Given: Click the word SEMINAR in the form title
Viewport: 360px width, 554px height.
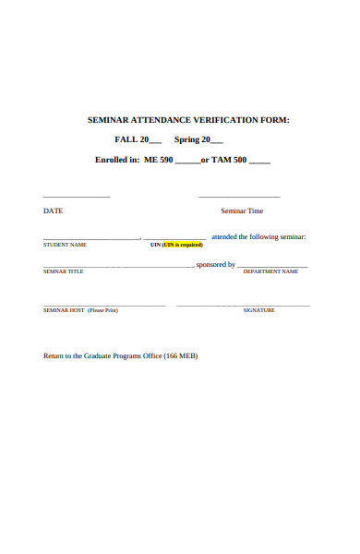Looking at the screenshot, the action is point(111,119).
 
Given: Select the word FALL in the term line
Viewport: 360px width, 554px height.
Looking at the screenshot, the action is point(126,139).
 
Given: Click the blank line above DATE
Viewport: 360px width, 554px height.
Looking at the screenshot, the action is point(77,197).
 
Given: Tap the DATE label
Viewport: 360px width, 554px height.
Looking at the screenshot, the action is point(54,211).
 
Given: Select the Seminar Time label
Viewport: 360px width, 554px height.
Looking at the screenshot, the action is point(242,211).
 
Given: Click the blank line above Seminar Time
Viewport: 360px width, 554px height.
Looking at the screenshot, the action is point(239,197).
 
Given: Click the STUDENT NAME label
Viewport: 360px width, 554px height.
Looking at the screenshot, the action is point(65,245).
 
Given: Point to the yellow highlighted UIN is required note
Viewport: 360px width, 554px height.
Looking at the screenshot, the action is point(182,245).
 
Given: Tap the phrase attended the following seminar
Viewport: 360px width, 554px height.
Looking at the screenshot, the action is point(258,236).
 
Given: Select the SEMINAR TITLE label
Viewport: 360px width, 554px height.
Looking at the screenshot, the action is point(64,271).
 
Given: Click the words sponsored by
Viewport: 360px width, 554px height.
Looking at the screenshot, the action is point(216,264).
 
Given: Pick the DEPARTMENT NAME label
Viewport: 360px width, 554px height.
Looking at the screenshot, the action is point(270,271).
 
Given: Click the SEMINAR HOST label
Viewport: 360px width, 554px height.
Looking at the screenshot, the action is point(64,310).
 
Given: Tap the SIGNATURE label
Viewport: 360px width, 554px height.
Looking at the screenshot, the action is point(258,310).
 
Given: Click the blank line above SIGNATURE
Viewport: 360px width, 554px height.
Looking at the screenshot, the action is point(243,305).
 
